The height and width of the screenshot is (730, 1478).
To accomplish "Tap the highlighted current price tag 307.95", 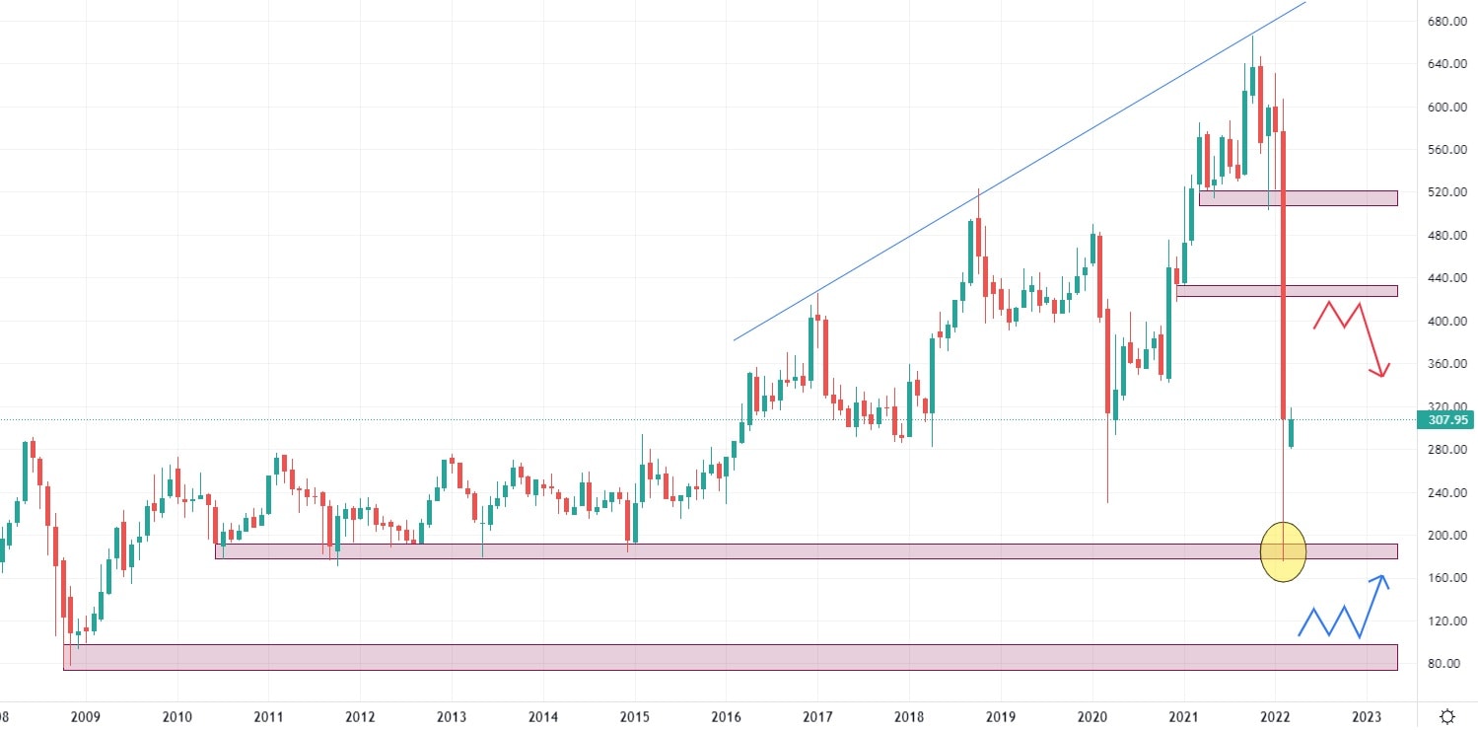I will point(1443,420).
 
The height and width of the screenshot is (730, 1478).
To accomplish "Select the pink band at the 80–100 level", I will point(730,657).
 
